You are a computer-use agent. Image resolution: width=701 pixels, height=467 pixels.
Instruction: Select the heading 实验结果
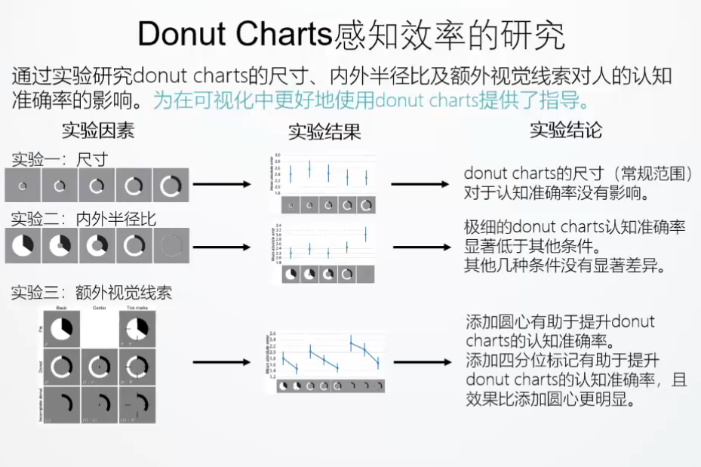(324, 133)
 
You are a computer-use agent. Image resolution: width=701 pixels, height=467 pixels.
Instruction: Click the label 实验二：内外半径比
(83, 219)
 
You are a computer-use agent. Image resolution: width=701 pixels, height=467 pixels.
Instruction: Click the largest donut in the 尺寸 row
(171, 186)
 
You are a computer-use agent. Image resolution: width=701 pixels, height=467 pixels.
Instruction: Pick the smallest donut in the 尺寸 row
(23, 186)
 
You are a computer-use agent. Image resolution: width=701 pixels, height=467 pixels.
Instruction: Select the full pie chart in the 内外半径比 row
(23, 246)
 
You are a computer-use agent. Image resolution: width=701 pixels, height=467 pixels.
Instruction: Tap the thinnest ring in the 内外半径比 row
(171, 246)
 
